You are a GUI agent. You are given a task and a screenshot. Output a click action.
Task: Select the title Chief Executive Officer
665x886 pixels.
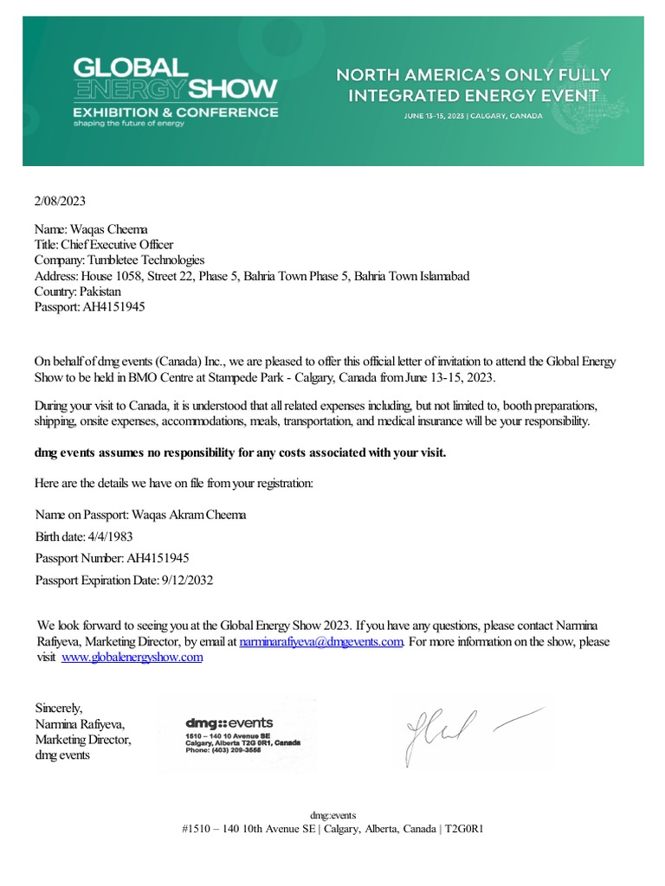tap(117, 245)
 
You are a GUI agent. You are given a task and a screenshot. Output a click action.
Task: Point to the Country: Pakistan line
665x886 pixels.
tap(77, 291)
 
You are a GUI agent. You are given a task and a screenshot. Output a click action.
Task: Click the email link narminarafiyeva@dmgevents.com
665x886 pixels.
tap(321, 642)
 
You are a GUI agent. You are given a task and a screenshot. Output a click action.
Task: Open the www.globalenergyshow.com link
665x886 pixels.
tap(132, 658)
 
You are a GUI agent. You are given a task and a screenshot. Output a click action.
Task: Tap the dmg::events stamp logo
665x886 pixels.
tap(229, 722)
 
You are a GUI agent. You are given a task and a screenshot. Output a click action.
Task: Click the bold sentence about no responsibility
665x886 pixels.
tap(240, 453)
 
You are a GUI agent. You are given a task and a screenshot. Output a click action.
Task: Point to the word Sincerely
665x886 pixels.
tap(59, 708)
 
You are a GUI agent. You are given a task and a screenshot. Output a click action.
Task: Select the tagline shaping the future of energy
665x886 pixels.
tap(129, 124)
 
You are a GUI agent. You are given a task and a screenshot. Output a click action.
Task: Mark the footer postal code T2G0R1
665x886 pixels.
tap(464, 828)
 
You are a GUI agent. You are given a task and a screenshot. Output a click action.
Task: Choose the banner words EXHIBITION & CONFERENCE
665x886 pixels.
tap(175, 112)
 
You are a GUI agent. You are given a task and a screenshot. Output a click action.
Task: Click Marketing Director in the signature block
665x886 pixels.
tap(81, 740)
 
